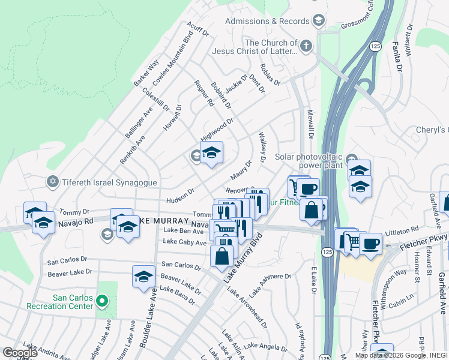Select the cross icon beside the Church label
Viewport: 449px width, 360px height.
point(306,46)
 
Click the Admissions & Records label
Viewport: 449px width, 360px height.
point(267,21)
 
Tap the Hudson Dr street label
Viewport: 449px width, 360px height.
point(180,196)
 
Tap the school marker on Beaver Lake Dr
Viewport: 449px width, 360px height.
point(143,277)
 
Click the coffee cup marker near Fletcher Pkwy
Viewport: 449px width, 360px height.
point(370,244)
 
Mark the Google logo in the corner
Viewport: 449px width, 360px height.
point(20,353)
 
